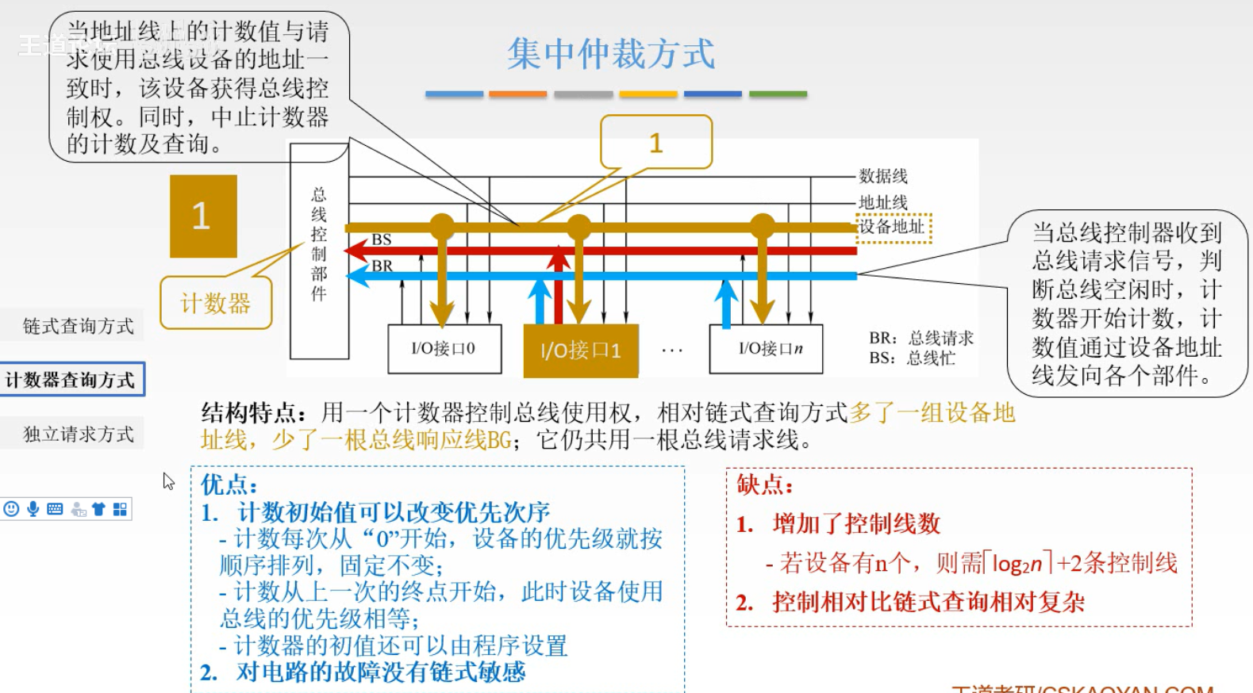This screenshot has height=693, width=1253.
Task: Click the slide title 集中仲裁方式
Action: click(610, 55)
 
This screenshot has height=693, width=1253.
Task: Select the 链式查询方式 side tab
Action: click(78, 326)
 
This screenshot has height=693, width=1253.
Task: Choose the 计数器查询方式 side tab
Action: click(71, 380)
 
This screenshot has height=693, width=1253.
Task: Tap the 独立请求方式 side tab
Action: click(78, 434)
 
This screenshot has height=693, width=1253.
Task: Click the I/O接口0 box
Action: click(444, 349)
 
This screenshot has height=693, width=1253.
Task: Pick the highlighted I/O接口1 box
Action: click(580, 350)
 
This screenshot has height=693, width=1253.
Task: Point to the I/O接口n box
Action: click(767, 349)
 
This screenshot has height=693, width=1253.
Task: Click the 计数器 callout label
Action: click(216, 303)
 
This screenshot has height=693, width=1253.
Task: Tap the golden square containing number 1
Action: click(203, 216)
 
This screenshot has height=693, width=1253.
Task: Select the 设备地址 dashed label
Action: click(893, 227)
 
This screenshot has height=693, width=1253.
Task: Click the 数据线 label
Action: click(883, 176)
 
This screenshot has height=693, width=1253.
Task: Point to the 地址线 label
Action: click(883, 202)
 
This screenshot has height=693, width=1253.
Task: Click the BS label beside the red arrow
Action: click(382, 239)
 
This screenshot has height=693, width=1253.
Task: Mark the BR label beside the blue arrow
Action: click(382, 266)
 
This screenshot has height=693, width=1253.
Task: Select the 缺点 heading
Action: click(765, 484)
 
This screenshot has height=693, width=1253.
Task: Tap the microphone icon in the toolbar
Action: click(33, 509)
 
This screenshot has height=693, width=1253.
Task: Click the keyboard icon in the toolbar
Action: click(55, 509)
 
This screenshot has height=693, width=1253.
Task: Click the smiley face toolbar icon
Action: click(11, 509)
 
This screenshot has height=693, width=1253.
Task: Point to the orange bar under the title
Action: click(517, 94)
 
